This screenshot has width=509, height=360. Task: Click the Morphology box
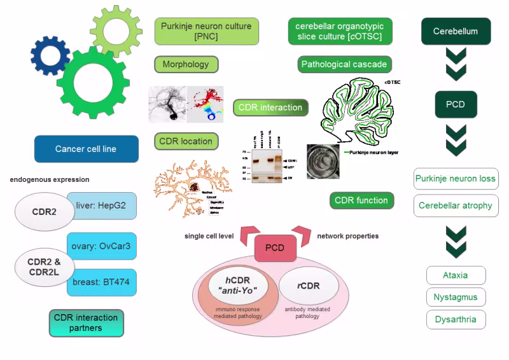click(186, 64)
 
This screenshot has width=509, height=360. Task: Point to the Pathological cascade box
click(344, 64)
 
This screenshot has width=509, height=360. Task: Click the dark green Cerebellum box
click(455, 31)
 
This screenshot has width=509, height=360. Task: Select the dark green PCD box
click(455, 104)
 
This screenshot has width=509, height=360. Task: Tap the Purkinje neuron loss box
click(455, 179)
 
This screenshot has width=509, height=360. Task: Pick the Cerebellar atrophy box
click(455, 205)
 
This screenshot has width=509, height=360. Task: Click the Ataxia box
click(455, 275)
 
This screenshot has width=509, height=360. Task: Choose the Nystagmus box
click(455, 297)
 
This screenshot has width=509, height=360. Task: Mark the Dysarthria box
click(455, 319)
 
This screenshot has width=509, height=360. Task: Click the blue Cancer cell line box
click(86, 149)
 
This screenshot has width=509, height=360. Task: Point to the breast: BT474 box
click(101, 282)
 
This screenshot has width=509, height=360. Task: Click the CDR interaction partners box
click(86, 322)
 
